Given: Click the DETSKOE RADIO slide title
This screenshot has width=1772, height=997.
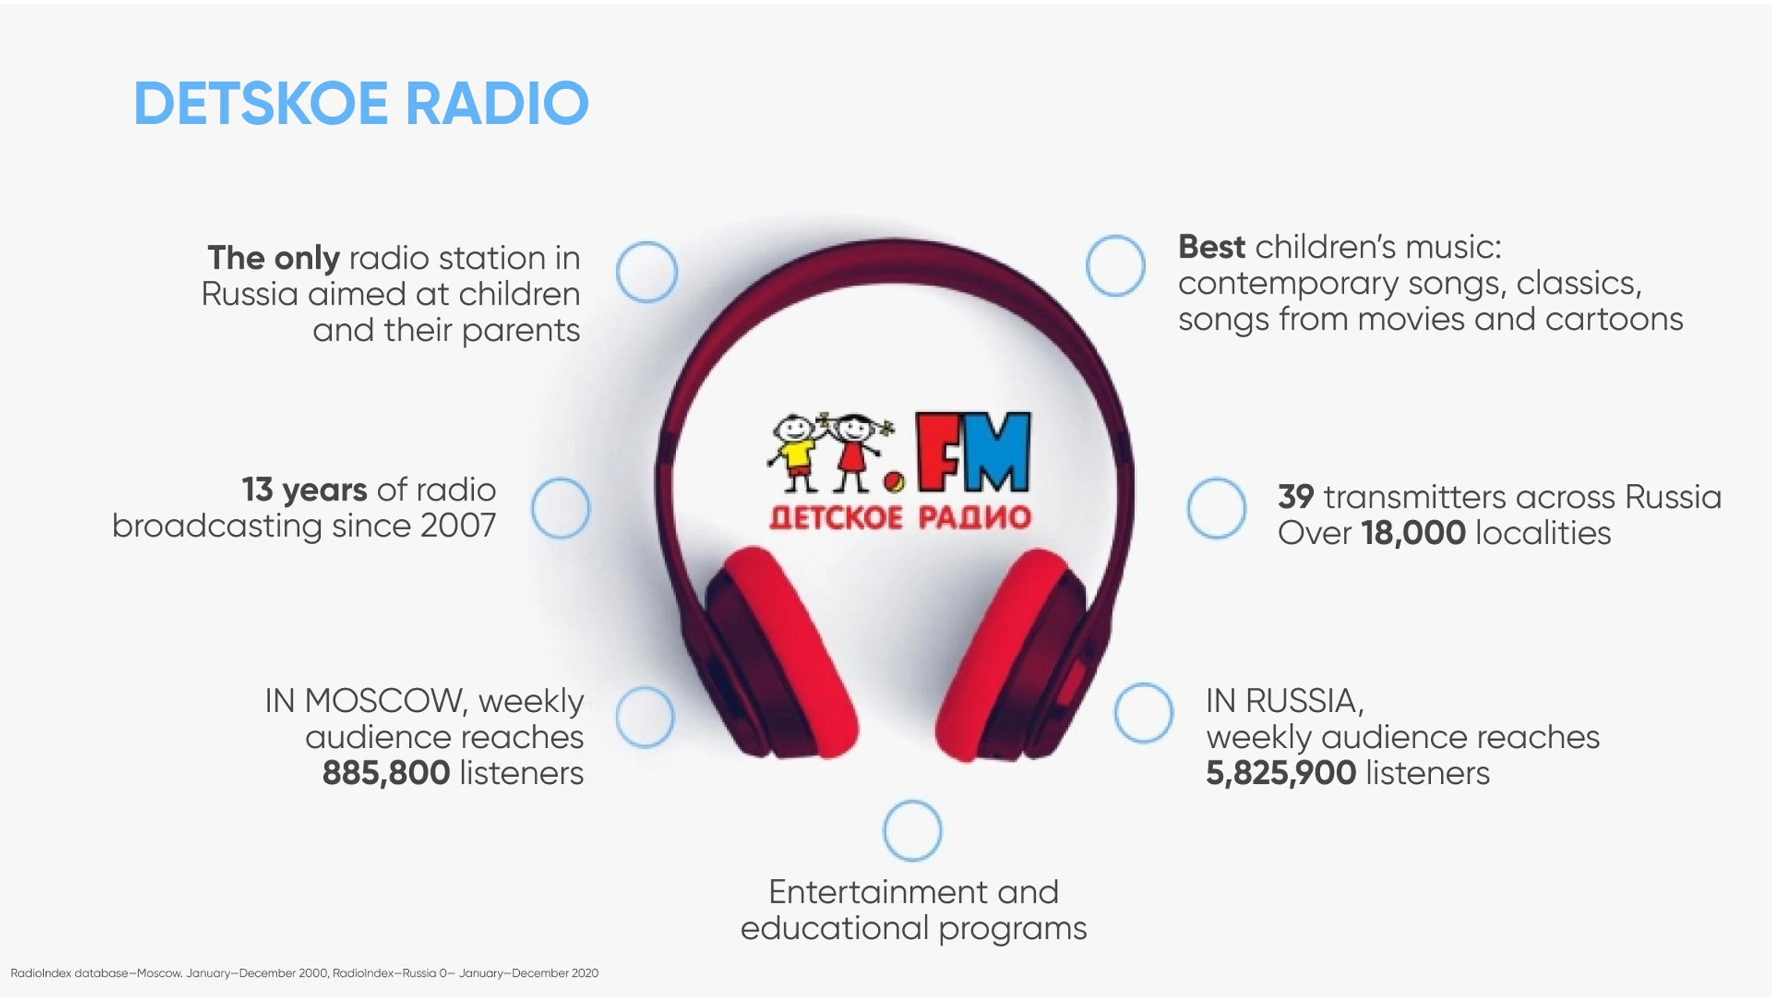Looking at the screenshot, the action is point(361,103).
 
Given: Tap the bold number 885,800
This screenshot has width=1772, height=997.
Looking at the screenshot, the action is point(386,773).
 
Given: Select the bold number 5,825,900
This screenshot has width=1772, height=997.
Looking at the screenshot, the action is point(1281,773).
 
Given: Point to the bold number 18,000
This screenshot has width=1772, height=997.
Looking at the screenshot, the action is point(1413,533).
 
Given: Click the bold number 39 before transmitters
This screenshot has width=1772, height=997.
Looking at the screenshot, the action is point(1296,497).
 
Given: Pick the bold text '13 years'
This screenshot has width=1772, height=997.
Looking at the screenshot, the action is point(304,490).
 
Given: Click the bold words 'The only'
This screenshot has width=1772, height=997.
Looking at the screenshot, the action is point(273,258).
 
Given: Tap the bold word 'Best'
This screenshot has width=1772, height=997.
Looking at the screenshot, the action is point(1212,247).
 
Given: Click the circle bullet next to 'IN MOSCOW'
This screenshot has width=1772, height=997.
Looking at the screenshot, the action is point(645,689).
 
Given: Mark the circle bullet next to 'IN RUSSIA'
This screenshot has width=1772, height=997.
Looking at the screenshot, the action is point(1144,685).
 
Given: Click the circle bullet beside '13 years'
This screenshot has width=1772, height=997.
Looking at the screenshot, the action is point(560,480).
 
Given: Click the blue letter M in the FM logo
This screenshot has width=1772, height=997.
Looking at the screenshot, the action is point(998,453).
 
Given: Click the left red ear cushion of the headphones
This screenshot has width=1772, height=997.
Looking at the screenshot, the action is point(788,652).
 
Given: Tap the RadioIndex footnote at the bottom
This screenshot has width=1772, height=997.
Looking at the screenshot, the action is point(304,973).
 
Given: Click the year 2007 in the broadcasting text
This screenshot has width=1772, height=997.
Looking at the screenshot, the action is point(458,526).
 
